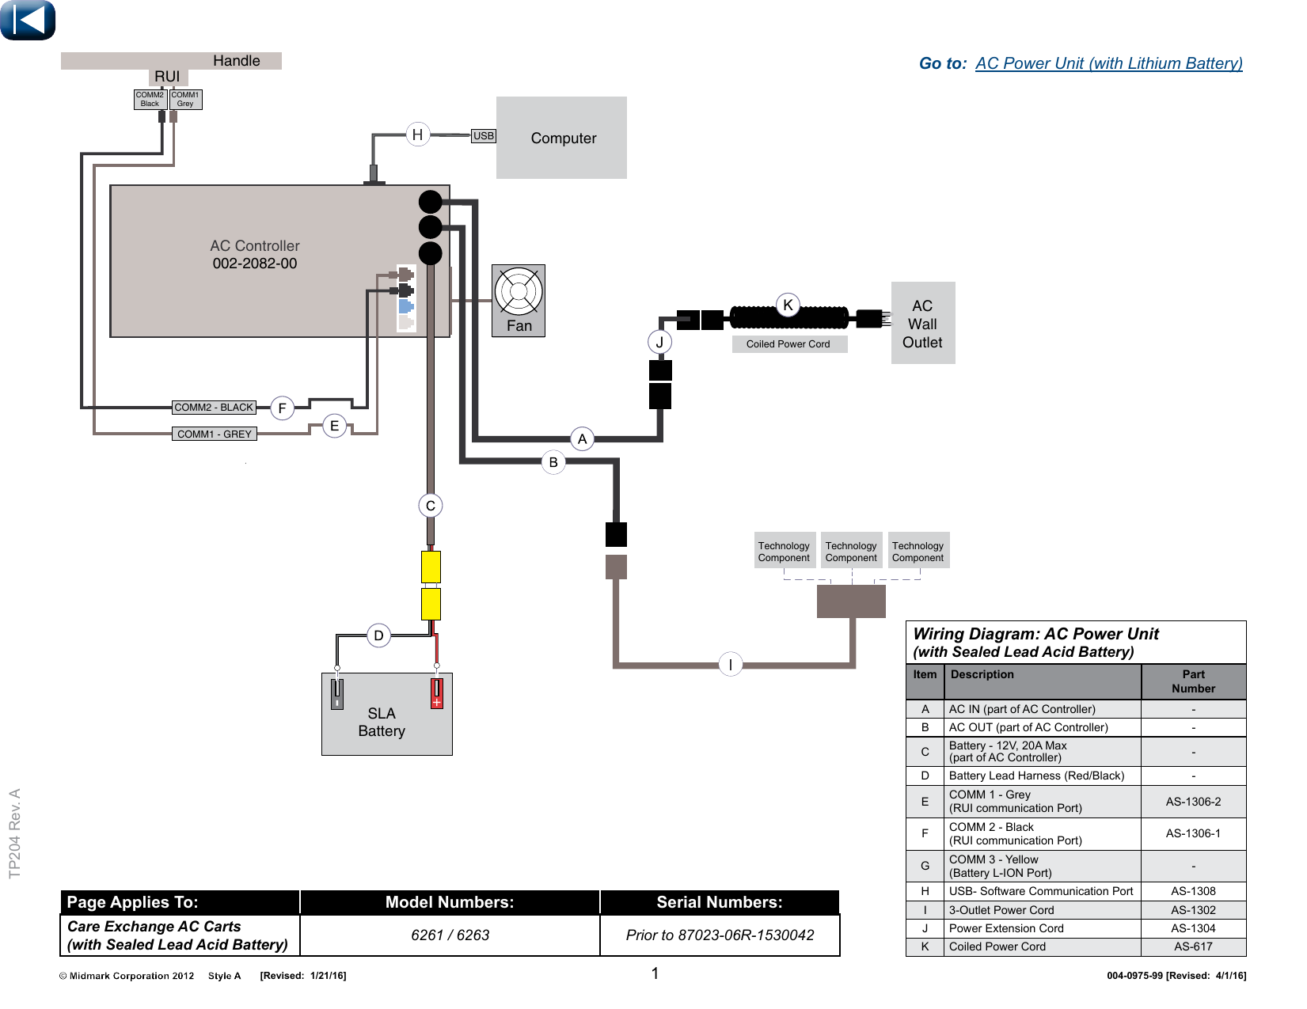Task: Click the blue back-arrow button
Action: [x=28, y=20]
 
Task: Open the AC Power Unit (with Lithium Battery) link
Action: [x=1108, y=63]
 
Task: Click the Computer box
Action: [x=561, y=138]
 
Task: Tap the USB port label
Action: [x=483, y=136]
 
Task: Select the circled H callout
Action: [x=417, y=134]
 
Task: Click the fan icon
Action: [x=518, y=292]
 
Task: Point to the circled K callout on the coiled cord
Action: [x=788, y=305]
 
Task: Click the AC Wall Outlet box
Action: [x=923, y=323]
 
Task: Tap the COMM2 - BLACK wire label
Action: [x=214, y=407]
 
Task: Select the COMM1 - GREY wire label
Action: [x=214, y=434]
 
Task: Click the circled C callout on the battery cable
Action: [x=430, y=505]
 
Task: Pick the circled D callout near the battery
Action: [x=378, y=635]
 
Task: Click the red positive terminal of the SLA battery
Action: [x=437, y=693]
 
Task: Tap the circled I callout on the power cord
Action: [x=730, y=664]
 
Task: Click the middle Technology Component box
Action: [x=851, y=550]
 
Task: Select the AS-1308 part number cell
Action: [x=1193, y=891]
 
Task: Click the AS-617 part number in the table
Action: [x=1193, y=946]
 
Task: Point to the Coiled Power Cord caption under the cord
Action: [x=788, y=344]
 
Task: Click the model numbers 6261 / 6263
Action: [x=450, y=935]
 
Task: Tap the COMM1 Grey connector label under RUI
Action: [x=185, y=99]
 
